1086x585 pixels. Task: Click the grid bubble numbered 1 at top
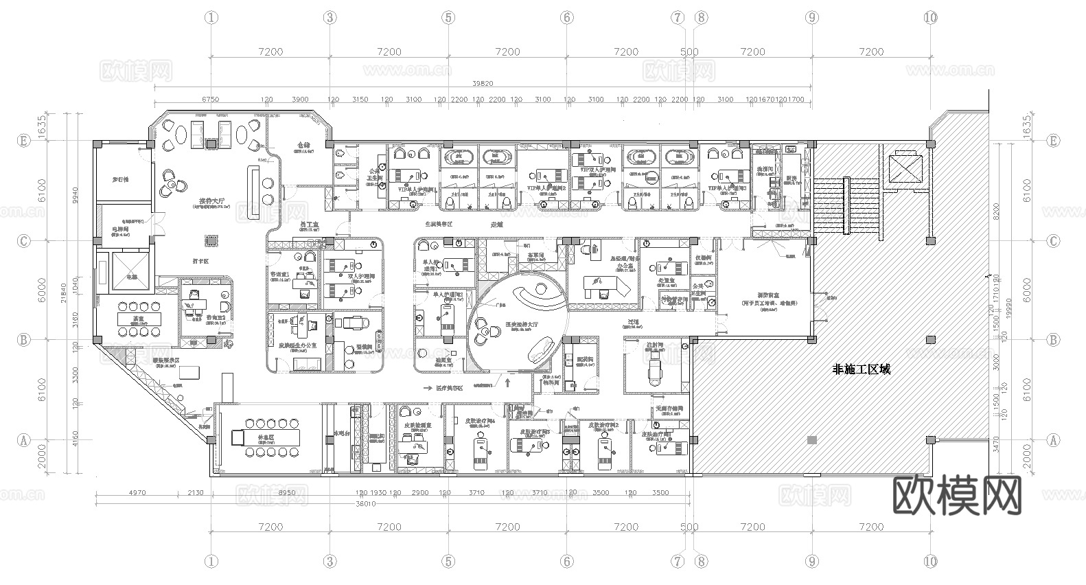(x=211, y=18)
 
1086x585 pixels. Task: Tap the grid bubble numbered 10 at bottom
(x=930, y=561)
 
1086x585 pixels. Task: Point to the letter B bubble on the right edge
(x=1053, y=340)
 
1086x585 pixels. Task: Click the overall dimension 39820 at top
(x=483, y=83)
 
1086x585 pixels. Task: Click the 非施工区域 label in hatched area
(x=861, y=369)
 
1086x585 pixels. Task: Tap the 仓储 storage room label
(x=303, y=146)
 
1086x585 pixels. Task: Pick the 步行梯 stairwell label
(x=121, y=179)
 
